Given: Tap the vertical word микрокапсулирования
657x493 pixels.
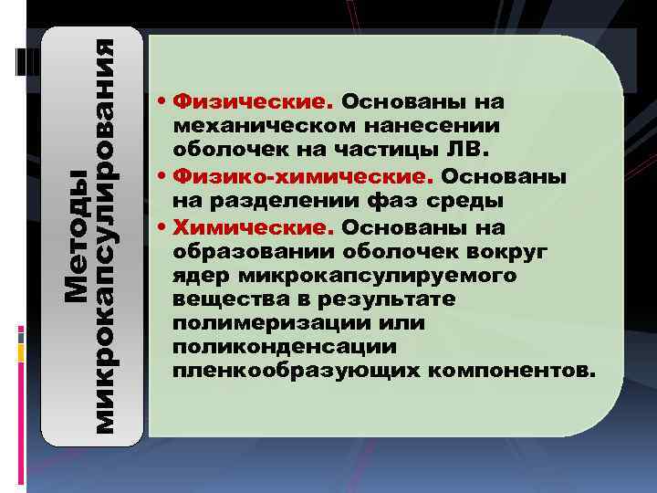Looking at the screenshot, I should pyautogui.click(x=106, y=236).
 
